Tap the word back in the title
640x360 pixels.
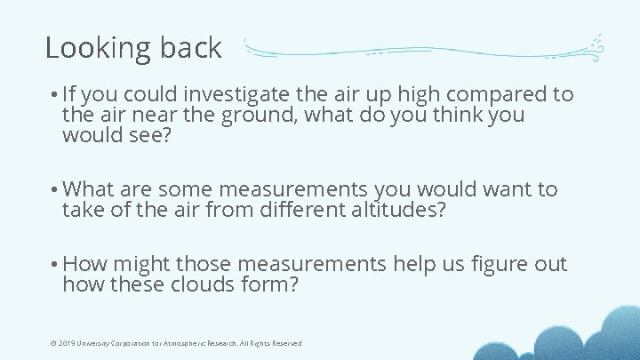(189, 48)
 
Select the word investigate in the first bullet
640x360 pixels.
(243, 94)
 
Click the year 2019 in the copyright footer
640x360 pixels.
(61, 343)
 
